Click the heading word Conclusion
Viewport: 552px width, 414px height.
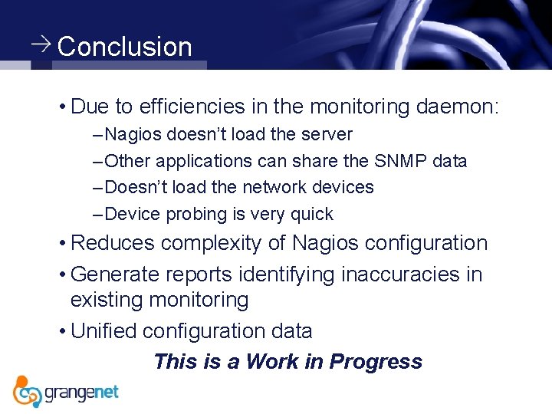coord(124,47)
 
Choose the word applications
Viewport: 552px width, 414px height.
coord(204,161)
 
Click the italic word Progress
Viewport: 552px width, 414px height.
coord(376,362)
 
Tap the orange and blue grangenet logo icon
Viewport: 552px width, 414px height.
coord(28,391)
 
